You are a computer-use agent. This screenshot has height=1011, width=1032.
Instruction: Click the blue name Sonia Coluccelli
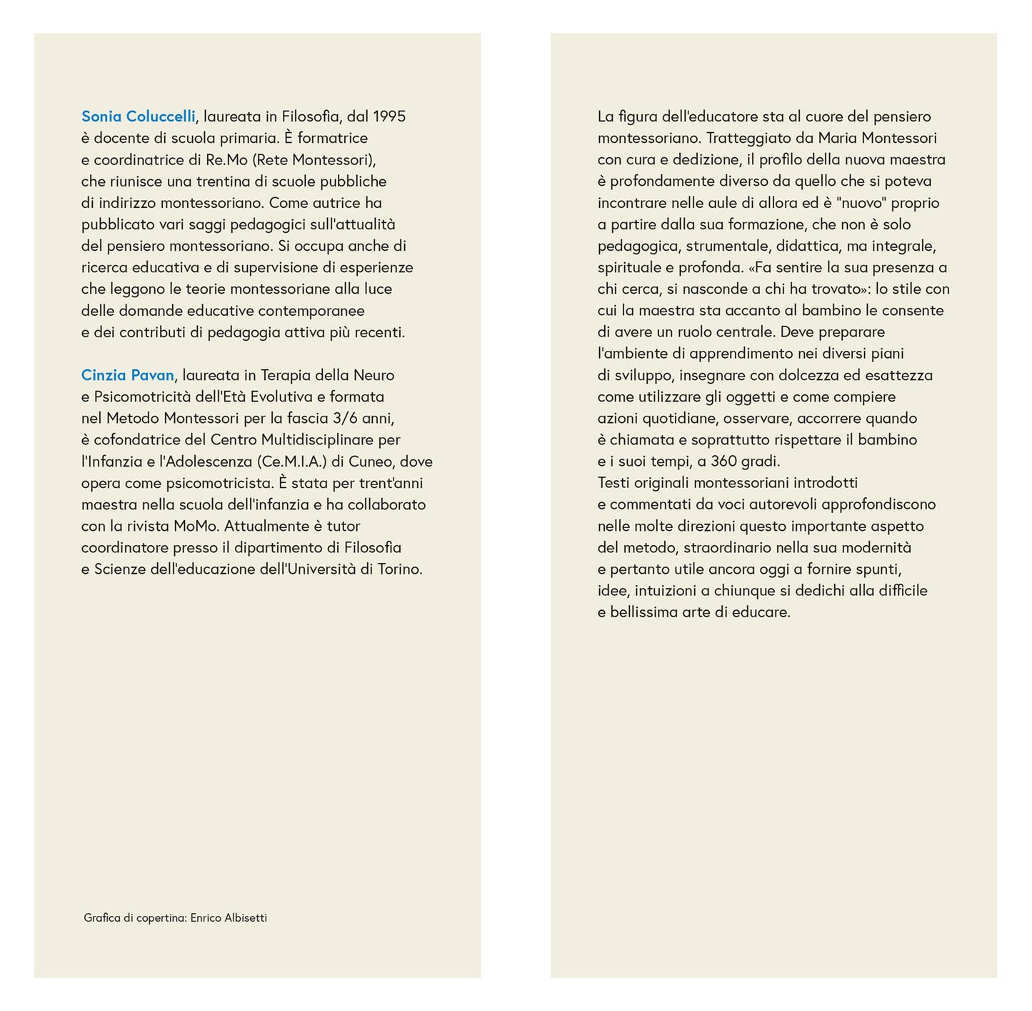(x=139, y=116)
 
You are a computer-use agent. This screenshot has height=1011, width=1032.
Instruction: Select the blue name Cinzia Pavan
(x=128, y=375)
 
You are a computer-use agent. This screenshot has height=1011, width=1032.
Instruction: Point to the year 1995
(x=389, y=116)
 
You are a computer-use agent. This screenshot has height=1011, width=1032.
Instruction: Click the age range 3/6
(x=345, y=418)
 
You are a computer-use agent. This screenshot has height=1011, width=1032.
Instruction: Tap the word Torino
(x=400, y=569)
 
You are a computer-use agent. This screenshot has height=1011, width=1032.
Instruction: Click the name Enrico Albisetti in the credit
(x=229, y=918)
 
